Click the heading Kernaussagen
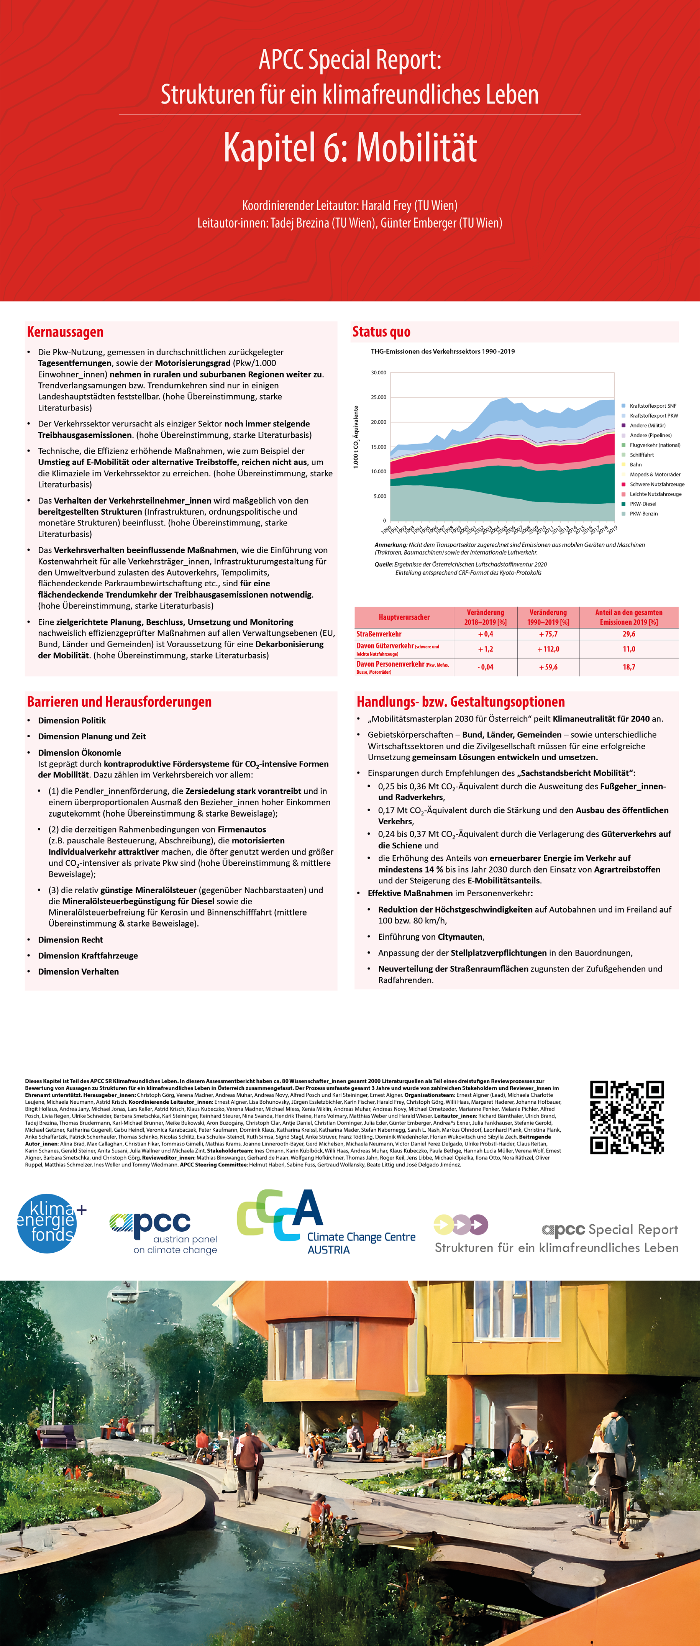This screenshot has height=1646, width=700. (x=65, y=331)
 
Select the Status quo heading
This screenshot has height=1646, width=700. (x=381, y=331)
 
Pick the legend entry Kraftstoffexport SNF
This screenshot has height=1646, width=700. (x=653, y=406)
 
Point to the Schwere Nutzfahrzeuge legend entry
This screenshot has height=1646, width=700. (x=657, y=484)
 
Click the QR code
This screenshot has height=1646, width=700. (x=626, y=1117)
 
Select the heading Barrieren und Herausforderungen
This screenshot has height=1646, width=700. (x=119, y=702)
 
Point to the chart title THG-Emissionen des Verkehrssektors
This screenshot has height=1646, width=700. (x=443, y=351)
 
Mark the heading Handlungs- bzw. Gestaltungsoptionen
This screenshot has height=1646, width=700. (x=460, y=702)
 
